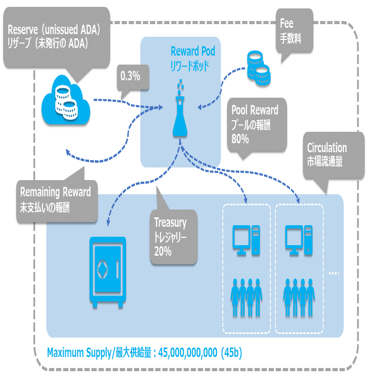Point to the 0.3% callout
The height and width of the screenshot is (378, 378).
click(x=130, y=76)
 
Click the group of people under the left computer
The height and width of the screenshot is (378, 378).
click(x=247, y=298)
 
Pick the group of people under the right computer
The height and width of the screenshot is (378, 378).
click(x=299, y=298)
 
